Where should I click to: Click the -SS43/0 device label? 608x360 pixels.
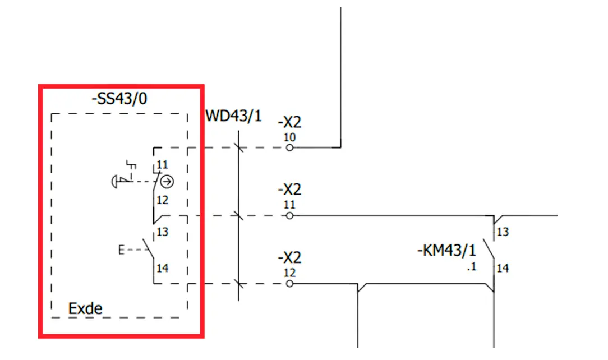[119, 99]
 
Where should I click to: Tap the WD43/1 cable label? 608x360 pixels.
[233, 116]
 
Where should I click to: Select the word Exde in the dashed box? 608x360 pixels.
[85, 308]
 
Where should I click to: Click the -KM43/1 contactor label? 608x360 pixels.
[446, 250]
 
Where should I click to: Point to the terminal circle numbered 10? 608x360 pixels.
[289, 147]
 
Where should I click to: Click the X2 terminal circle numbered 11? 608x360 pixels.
[289, 216]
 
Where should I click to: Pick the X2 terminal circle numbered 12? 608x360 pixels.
[289, 284]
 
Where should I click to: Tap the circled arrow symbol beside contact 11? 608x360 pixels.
[167, 181]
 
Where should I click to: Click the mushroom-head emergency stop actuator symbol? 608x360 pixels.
[115, 182]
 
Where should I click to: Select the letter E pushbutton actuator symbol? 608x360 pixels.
[121, 250]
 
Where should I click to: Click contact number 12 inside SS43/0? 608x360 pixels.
[163, 200]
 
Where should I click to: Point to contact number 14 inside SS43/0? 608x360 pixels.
[163, 268]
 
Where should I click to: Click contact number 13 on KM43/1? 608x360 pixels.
[503, 232]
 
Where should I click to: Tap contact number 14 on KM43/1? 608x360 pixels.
[503, 268]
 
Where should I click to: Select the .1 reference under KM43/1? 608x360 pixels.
[472, 267]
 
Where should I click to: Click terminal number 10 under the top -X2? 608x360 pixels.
[289, 137]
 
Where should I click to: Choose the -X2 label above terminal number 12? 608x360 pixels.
[289, 258]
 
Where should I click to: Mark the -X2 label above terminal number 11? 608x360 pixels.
[289, 190]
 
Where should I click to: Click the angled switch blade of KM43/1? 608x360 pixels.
[489, 250]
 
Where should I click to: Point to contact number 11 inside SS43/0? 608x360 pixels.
[162, 165]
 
